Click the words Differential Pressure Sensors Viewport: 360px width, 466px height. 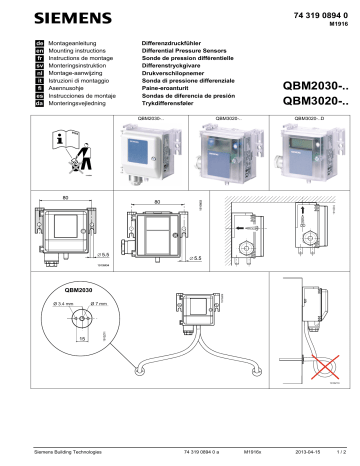[x=177, y=53]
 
